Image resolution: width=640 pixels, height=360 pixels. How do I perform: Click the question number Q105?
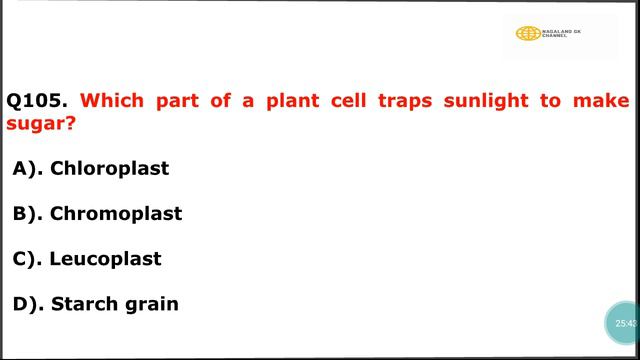click(x=37, y=101)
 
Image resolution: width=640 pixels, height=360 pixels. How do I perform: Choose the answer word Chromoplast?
click(x=116, y=213)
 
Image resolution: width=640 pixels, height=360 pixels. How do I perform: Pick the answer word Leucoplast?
click(x=105, y=258)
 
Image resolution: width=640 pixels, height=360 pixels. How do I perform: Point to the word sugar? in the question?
click(x=41, y=125)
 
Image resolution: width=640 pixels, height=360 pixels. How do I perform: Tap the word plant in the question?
click(x=292, y=101)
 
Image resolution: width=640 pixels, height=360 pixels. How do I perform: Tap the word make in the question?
click(x=608, y=101)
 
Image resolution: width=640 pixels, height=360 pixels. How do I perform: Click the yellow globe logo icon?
click(x=527, y=33)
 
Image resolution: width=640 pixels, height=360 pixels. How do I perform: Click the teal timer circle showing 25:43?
click(x=625, y=323)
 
